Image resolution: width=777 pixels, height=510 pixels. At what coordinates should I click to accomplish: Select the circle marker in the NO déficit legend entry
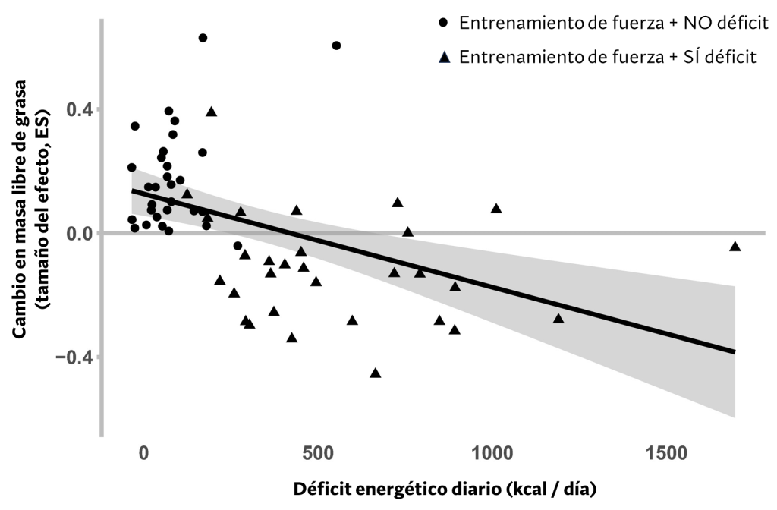[444, 23]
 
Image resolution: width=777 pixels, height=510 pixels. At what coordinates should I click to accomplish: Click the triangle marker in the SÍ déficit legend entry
[444, 58]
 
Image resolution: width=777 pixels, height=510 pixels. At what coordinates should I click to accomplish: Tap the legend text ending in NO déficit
[614, 24]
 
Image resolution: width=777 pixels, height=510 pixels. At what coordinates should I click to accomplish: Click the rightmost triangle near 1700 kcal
[735, 247]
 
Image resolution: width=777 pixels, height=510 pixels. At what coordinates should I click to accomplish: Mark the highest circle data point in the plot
[203, 38]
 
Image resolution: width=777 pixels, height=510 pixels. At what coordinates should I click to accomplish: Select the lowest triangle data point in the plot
[375, 373]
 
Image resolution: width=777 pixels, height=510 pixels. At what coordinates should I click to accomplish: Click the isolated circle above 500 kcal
[336, 46]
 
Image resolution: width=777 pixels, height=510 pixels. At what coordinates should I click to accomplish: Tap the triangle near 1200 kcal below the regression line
[558, 319]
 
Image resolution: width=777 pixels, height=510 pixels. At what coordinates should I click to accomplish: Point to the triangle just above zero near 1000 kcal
[496, 209]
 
